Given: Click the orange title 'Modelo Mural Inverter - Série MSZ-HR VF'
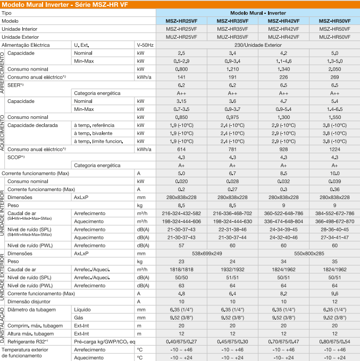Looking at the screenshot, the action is tap(65, 5).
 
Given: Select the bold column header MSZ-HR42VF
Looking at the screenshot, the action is tap(283, 21).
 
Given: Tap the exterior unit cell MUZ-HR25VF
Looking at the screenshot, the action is tap(181, 37).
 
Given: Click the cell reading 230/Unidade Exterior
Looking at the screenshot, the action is tap(258, 45).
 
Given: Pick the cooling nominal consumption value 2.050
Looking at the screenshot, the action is tap(334, 69).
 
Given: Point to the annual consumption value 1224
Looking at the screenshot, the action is tap(334, 149).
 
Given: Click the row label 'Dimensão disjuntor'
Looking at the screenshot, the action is tap(29, 302).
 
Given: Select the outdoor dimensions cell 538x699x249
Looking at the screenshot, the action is tap(207, 253).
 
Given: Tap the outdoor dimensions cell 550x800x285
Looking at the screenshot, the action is tap(309, 253).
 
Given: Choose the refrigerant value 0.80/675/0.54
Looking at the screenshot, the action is tap(334, 342).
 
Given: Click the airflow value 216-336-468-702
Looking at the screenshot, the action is tap(232, 213).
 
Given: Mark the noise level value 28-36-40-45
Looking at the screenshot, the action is tap(334, 229).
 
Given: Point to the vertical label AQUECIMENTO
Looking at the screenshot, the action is tap(2, 133).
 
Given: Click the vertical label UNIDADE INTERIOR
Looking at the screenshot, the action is tap(2, 213).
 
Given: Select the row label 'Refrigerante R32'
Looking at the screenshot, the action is tap(26, 342).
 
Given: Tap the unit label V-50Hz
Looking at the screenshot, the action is tap(145, 45).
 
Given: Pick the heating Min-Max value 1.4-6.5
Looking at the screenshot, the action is tap(334, 109).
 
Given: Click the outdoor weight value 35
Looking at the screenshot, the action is tap(334, 262).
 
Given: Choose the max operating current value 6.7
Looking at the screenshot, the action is tap(232, 174).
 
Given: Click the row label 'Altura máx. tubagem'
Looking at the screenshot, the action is tap(30, 333).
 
